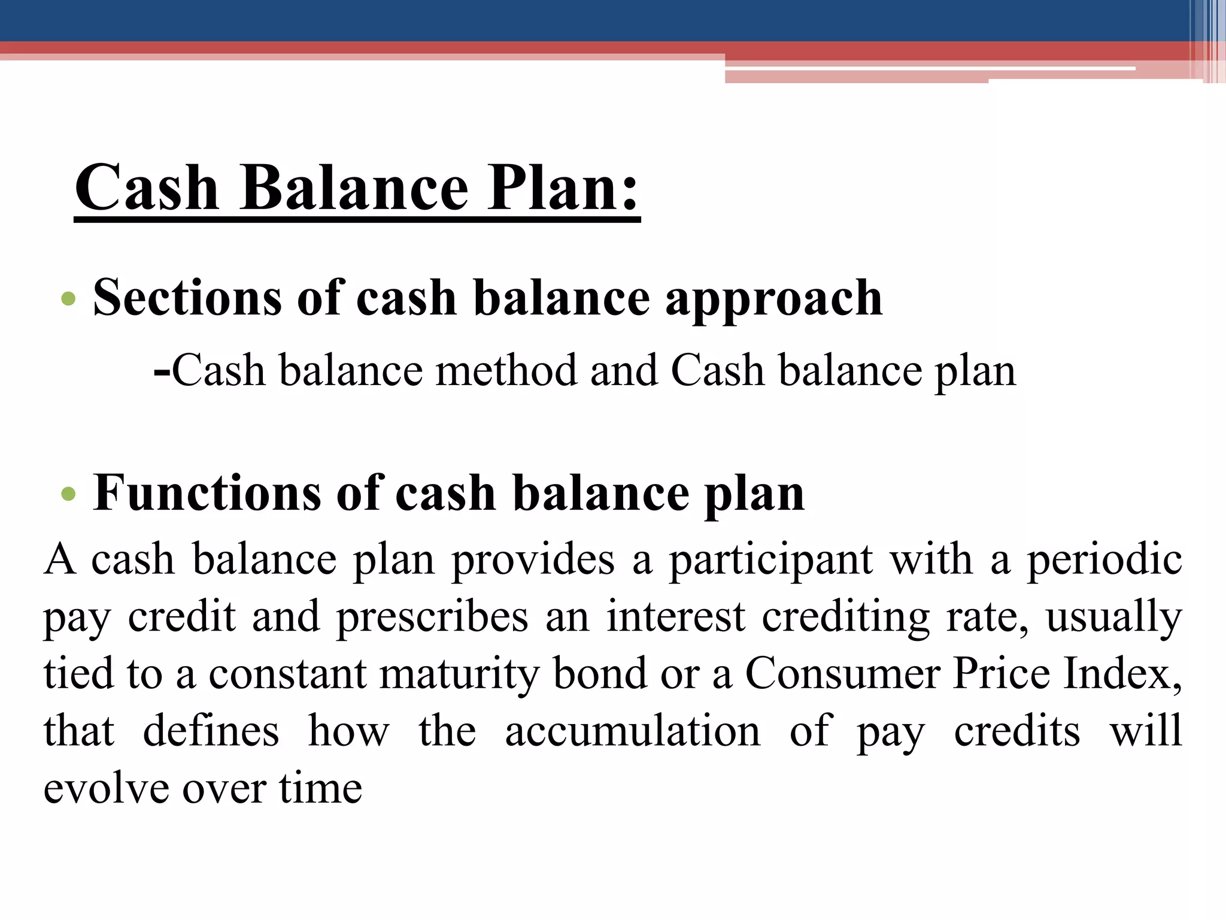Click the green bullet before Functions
click(x=69, y=494)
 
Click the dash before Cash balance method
click(x=161, y=372)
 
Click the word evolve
click(x=105, y=788)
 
